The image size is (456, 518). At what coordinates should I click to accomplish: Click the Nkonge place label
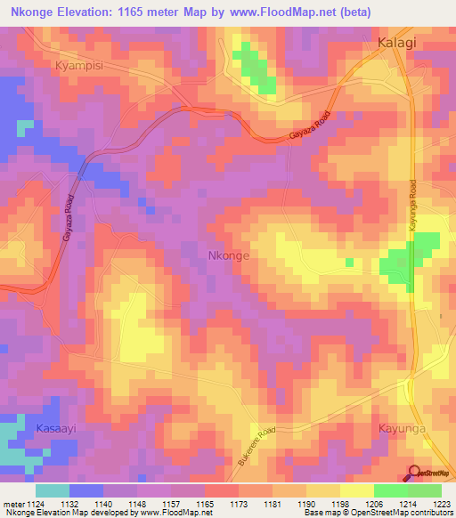(228, 255)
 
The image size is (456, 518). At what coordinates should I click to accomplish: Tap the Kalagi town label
(397, 43)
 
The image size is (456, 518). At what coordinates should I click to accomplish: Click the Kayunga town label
(403, 428)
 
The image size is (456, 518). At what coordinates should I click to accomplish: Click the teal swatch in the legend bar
(53, 490)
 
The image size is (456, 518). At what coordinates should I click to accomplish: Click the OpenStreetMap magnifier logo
(414, 473)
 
